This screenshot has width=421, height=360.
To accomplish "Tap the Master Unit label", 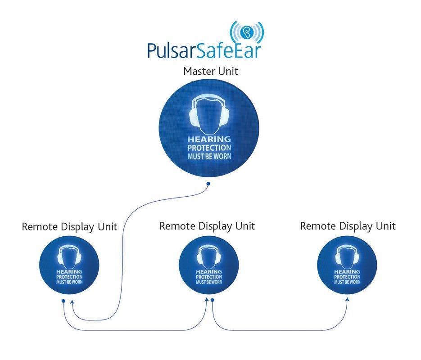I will (x=211, y=71).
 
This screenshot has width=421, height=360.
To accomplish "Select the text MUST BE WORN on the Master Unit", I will (x=209, y=156).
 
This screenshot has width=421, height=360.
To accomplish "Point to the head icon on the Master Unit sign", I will (x=209, y=113).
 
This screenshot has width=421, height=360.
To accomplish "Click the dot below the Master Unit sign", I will (x=208, y=184).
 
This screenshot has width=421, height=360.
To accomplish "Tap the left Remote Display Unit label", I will (x=69, y=227).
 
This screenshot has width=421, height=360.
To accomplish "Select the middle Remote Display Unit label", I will (x=207, y=225).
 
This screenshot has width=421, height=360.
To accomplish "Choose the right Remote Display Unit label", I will (x=348, y=225).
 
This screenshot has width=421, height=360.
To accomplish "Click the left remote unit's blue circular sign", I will (x=69, y=268).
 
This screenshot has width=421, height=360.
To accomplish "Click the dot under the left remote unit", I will (x=63, y=300).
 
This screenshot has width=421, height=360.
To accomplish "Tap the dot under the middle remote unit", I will (x=212, y=299).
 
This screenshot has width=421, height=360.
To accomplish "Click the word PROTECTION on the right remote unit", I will (x=347, y=277).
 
